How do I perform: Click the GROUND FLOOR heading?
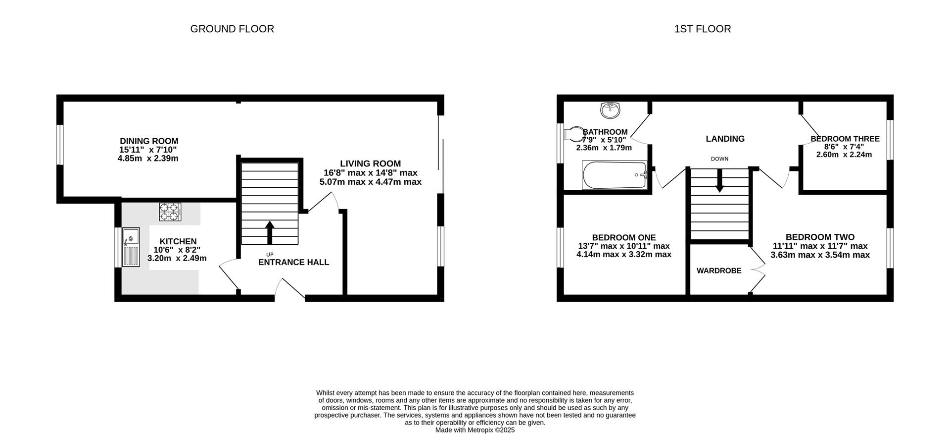pos(232,29)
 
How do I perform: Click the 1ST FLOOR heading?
pos(703,29)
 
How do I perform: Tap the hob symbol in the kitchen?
pos(170,212)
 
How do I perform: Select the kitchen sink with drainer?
pos(131,247)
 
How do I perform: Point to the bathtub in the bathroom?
pos(615,175)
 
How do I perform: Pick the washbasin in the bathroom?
pos(610,110)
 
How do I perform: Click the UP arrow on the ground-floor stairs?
pos(270,232)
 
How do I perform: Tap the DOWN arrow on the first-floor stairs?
pos(719,181)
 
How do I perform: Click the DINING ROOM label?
pos(149,141)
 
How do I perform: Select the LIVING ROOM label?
pos(371,163)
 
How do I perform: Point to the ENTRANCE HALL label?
pos(293,263)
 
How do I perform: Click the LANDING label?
pos(725,139)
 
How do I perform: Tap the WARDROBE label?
pos(719,271)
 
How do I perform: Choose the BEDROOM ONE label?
pos(624,238)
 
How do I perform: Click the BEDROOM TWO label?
pos(820,237)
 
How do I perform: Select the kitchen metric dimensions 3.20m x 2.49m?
pos(177,258)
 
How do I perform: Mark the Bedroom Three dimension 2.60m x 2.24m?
pos(844,155)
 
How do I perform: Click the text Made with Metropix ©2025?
pos(475,430)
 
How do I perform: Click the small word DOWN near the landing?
pos(719,159)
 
